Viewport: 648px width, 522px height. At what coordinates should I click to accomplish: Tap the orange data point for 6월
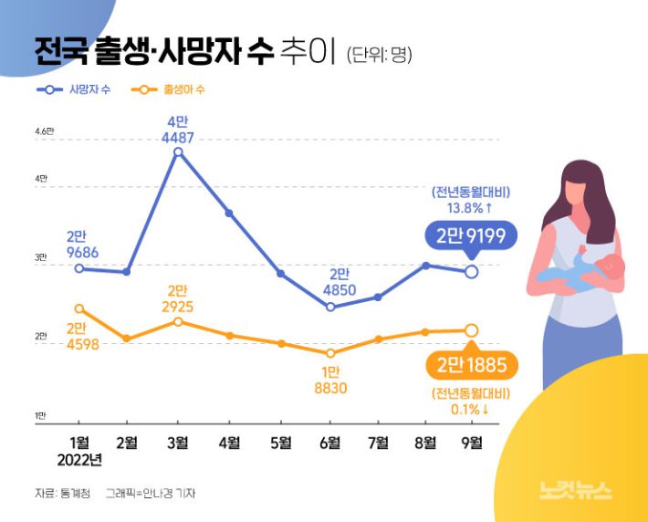tap(330, 353)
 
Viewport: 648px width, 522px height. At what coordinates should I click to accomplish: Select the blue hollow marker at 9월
tap(471, 271)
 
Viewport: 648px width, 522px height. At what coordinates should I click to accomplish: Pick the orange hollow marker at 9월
tap(471, 330)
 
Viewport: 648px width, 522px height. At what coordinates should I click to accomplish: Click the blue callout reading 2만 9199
tap(471, 236)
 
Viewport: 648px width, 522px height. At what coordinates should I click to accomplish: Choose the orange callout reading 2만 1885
tap(471, 367)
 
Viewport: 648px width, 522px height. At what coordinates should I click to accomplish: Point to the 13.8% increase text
tap(471, 208)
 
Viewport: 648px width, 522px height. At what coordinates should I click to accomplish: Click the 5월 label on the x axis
tap(281, 443)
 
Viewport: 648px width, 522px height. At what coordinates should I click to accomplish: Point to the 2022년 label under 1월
tap(79, 460)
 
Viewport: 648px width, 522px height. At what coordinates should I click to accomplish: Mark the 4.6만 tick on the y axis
tap(45, 132)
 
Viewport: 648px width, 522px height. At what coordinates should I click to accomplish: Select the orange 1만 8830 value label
tap(329, 380)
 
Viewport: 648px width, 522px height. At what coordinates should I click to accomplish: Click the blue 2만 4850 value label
tap(338, 282)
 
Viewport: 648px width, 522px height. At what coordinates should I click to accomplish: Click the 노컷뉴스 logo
tap(576, 490)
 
